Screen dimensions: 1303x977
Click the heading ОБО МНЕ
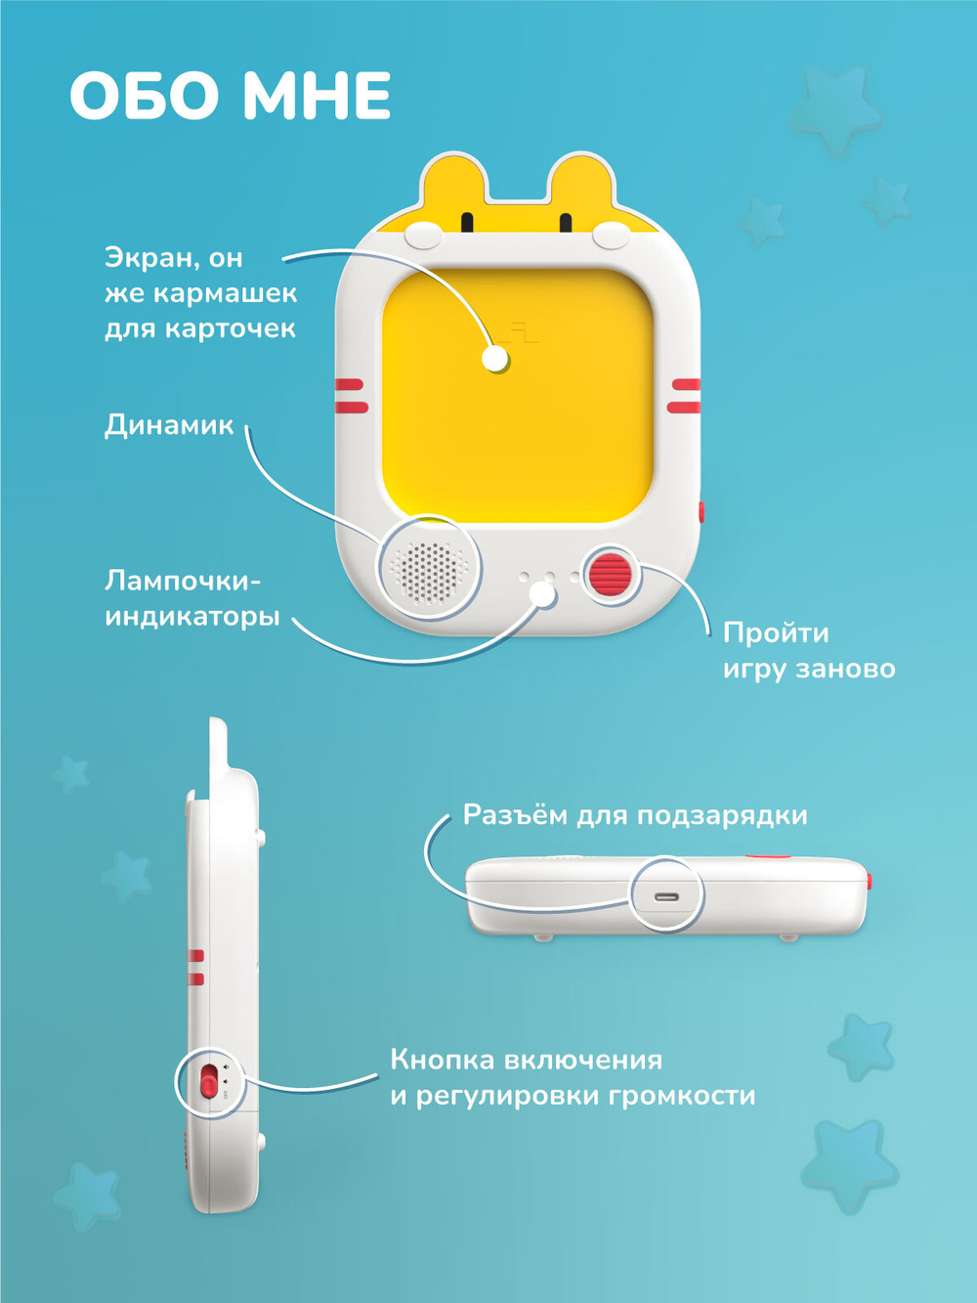tap(230, 97)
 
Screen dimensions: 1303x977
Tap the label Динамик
tap(169, 425)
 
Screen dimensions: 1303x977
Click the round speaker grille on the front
tap(429, 568)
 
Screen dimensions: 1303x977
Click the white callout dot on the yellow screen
tap(495, 359)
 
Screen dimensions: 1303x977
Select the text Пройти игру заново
tap(808, 651)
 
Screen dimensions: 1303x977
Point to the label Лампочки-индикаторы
tap(191, 599)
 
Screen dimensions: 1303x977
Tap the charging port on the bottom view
tap(667, 895)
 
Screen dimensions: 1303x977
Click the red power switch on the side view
tap(209, 1082)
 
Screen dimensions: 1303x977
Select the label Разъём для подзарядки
tap(635, 815)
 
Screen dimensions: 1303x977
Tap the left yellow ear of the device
tap(453, 186)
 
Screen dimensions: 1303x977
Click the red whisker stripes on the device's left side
tap(351, 396)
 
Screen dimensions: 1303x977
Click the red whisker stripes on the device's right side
tap(685, 395)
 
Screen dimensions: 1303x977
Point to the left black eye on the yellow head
tap(467, 223)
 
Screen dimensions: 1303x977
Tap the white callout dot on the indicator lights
tap(542, 593)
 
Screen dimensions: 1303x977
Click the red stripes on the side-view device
tap(196, 967)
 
